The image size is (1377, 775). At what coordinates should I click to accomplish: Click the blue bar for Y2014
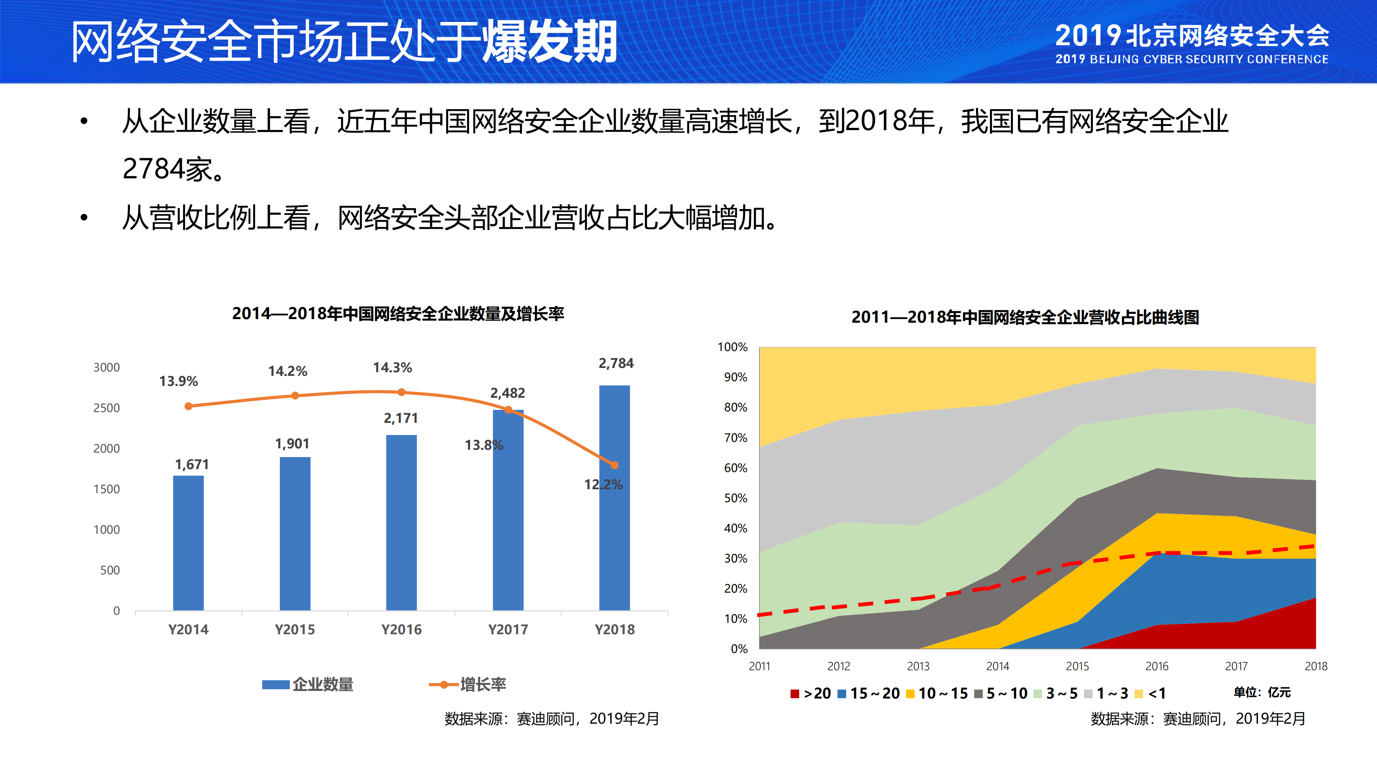188,543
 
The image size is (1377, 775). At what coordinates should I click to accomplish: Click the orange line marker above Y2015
295,396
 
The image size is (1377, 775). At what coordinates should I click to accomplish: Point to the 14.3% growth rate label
392,368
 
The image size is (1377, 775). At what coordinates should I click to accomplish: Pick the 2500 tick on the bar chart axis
107,408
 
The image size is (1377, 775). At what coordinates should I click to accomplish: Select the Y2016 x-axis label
401,630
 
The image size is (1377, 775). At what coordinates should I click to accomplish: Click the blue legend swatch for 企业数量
276,685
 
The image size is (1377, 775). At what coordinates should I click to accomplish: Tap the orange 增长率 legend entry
468,685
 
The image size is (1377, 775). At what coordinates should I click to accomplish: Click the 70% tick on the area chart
736,438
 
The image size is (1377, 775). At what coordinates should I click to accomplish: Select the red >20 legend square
794,694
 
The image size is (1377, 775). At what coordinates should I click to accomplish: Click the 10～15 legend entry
937,694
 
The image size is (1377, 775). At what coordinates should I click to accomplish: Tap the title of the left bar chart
398,314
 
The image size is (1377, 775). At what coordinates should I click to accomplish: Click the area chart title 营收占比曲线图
1025,317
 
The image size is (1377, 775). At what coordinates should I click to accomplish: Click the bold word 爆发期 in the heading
550,42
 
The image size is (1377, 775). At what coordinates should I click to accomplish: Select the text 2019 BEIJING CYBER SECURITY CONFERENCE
1192,59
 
